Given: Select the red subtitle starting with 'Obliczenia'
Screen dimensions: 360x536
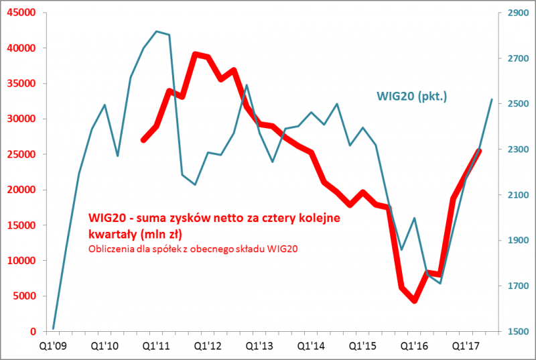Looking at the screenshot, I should click(193, 249).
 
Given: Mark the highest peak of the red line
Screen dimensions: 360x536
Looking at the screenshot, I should click(195, 54).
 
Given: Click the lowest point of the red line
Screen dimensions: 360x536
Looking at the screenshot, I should click(414, 301).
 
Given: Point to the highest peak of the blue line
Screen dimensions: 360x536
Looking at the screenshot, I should click(156, 31).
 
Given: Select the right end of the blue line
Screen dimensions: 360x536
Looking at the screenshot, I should click(492, 99).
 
